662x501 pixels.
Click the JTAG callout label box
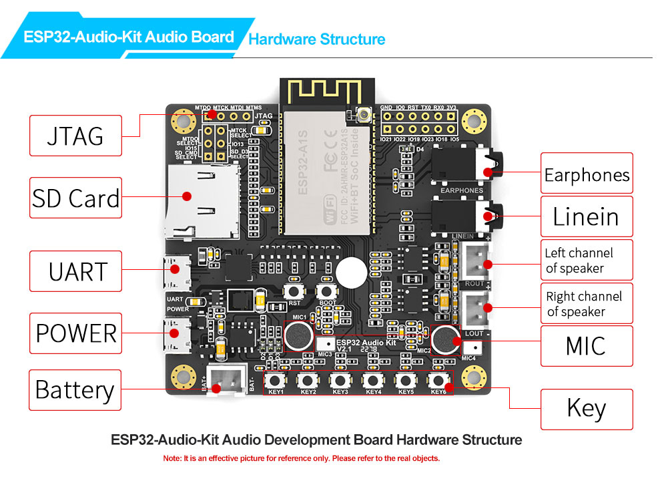coord(75,136)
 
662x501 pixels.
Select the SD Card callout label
coord(75,198)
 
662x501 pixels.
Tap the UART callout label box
coord(75,271)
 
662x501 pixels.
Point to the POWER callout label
coord(75,333)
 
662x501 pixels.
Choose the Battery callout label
coord(75,390)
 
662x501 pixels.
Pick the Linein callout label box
coord(587,216)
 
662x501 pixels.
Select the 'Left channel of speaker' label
coord(587,260)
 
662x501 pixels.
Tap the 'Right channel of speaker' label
coord(587,303)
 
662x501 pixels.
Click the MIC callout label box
coord(587,345)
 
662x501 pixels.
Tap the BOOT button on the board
coord(326,291)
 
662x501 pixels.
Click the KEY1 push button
coord(275,381)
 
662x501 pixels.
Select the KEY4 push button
coord(372,381)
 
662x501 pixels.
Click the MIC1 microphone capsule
coord(298,335)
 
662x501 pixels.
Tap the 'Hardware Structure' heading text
coord(316,39)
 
